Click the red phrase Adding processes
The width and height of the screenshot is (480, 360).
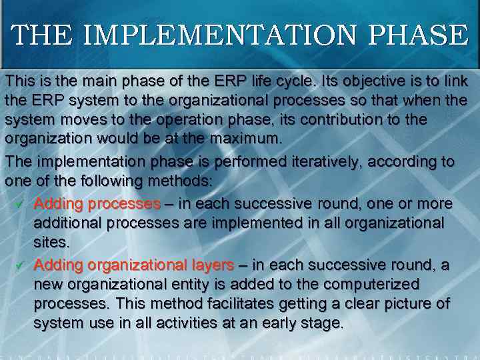(97, 203)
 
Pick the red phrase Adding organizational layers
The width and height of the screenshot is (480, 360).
(133, 265)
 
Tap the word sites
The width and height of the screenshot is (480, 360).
(51, 241)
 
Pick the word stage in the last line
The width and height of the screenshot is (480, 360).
(323, 324)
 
